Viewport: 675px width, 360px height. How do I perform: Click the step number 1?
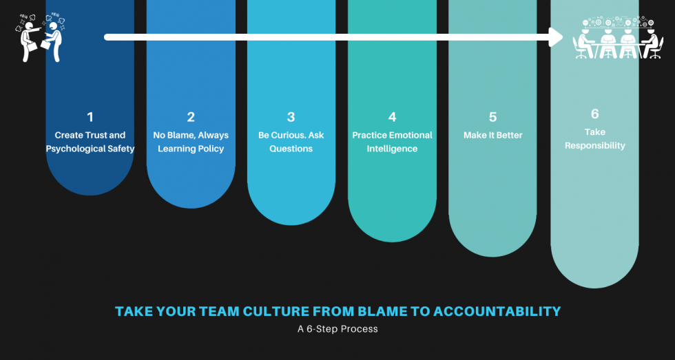tap(90, 117)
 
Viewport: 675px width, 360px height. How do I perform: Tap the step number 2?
tap(191, 117)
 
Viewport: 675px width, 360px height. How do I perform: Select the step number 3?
tap(291, 117)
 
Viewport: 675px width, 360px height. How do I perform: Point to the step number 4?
tap(392, 117)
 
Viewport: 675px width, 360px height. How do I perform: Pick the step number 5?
tap(493, 117)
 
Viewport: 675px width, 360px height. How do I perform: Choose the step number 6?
tap(595, 114)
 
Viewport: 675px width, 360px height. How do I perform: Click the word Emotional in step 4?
tap(410, 136)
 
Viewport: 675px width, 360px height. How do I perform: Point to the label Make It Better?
tap(493, 136)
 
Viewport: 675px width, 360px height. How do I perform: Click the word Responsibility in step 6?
tap(595, 145)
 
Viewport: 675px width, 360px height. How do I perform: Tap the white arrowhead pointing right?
tap(555, 37)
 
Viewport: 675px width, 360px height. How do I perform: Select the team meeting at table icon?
tap(618, 39)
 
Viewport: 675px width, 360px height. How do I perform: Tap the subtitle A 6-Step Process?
tap(337, 329)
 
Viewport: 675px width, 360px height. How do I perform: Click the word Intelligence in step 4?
tap(392, 149)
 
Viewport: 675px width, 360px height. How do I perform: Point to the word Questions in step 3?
tap(291, 149)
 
